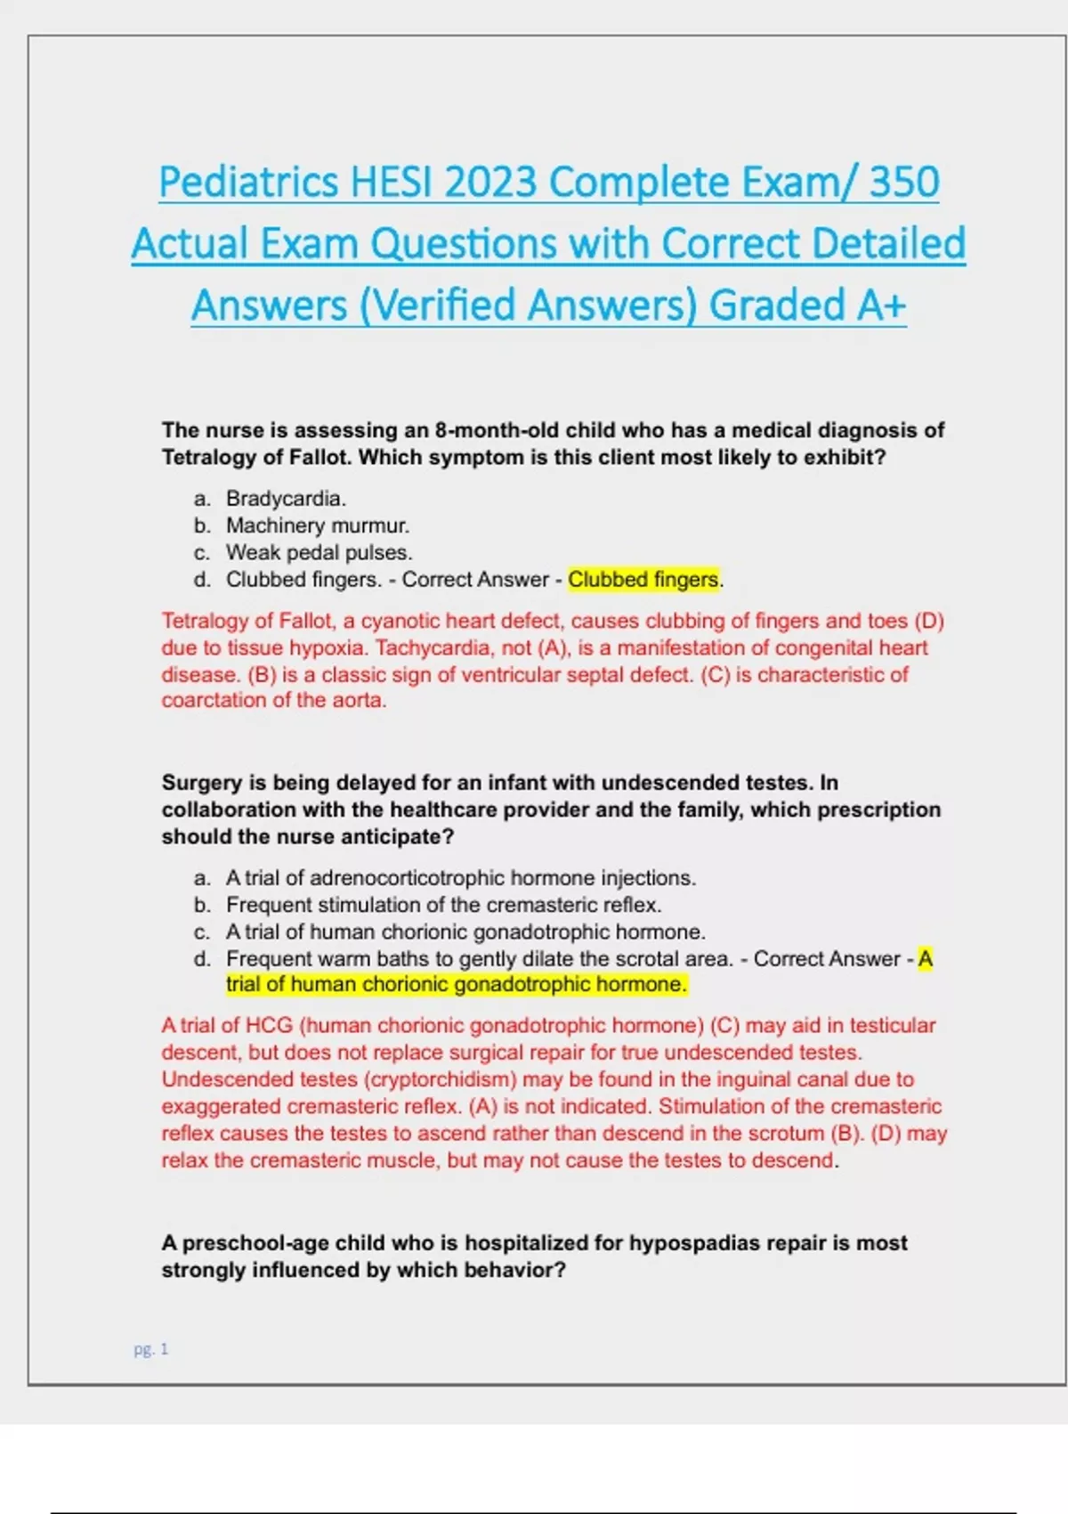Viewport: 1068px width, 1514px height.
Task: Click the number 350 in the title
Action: [x=903, y=183]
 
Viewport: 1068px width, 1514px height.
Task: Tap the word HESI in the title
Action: [x=392, y=183]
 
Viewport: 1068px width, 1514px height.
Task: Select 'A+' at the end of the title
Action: [x=881, y=305]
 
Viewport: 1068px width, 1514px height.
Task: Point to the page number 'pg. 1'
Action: [x=150, y=1349]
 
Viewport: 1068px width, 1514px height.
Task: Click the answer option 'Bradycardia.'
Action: [x=286, y=499]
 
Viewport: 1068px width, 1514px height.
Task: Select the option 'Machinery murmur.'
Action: [x=317, y=525]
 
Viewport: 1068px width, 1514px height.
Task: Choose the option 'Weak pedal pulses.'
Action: [x=319, y=552]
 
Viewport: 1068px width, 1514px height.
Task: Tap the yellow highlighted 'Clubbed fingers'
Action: [x=643, y=580]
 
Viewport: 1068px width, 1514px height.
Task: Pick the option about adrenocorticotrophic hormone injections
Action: [x=460, y=878]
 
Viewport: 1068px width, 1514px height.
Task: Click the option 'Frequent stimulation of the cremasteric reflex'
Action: [x=443, y=905]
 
